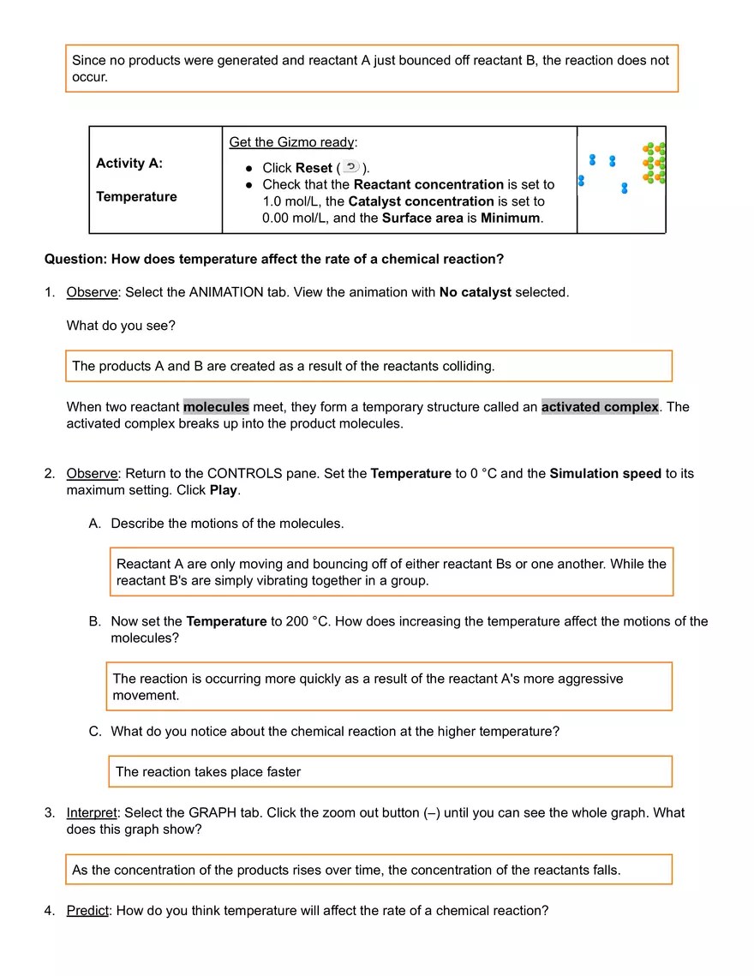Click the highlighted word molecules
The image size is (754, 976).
(x=216, y=406)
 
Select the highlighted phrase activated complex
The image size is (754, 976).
(x=600, y=406)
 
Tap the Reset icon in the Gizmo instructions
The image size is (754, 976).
(x=351, y=167)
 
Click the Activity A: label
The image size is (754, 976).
(x=129, y=163)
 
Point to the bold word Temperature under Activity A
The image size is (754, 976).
(x=136, y=196)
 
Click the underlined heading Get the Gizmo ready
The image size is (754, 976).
(x=291, y=142)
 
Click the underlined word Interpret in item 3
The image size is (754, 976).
(x=92, y=812)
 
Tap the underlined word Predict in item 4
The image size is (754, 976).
(x=87, y=911)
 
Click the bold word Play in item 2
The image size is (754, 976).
(x=224, y=490)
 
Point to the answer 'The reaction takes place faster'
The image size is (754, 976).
(x=208, y=772)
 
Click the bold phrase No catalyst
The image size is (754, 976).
(x=475, y=292)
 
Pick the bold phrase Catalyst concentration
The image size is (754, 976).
(x=421, y=201)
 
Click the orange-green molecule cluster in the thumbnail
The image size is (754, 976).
(x=655, y=163)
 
